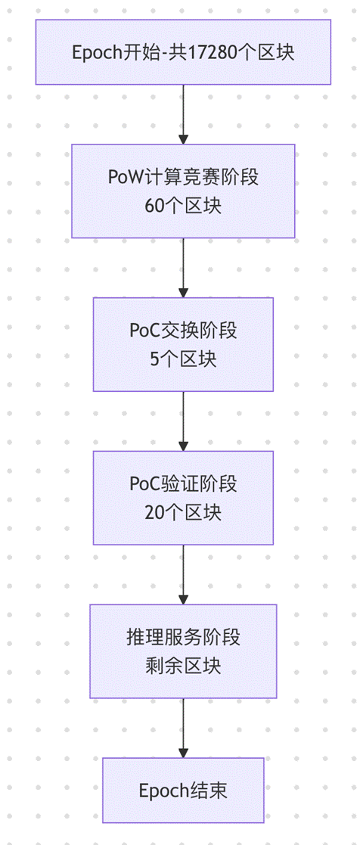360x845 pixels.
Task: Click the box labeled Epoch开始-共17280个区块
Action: tap(183, 51)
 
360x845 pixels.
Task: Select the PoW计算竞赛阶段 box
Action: tap(183, 191)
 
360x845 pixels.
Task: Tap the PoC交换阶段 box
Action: tap(183, 344)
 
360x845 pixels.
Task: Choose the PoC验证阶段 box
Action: tap(183, 498)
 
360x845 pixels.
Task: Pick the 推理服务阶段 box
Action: tap(183, 651)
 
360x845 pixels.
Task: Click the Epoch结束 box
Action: tap(183, 791)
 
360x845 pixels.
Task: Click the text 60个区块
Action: tap(183, 206)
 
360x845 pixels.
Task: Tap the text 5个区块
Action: tap(183, 359)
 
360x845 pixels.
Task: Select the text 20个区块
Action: tap(183, 513)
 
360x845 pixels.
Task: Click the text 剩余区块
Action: tap(183, 666)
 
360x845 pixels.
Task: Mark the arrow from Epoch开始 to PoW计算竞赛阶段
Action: tap(183, 113)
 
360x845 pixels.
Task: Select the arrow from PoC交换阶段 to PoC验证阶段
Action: tap(183, 421)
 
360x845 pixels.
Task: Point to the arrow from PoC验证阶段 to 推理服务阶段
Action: tap(183, 574)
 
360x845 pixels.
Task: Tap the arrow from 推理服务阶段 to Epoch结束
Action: tap(183, 727)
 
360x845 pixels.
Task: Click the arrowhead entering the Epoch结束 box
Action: tap(183, 752)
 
